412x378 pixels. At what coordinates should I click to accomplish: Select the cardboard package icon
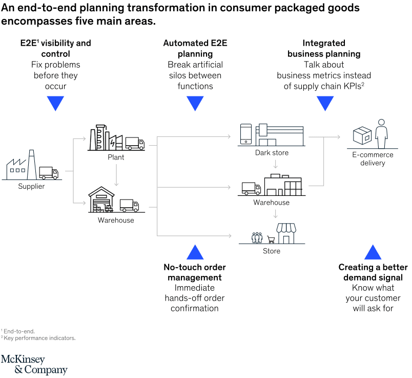(363, 136)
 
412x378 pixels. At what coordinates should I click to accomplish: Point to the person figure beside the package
(381, 133)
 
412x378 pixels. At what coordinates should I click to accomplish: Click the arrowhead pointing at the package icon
(338, 137)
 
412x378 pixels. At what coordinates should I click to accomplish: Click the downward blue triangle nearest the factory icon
(55, 104)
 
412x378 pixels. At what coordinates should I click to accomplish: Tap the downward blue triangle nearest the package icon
(325, 104)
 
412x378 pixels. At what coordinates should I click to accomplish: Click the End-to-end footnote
(18, 331)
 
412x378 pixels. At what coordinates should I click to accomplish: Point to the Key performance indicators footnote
(39, 338)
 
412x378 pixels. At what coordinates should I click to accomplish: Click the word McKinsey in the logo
(23, 360)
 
